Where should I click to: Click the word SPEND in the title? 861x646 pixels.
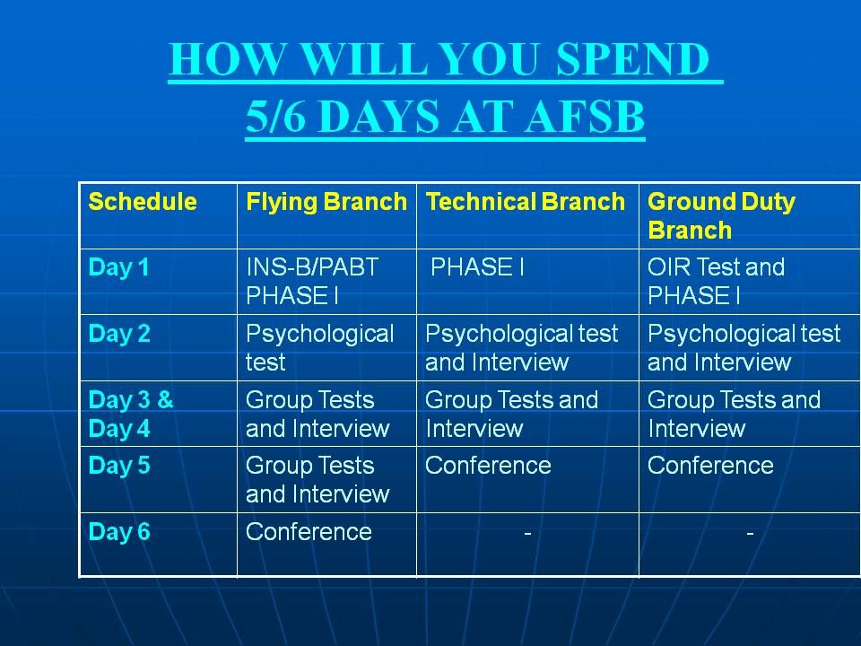(x=632, y=59)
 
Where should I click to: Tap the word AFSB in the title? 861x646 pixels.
(x=585, y=117)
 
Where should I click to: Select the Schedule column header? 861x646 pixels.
(x=143, y=202)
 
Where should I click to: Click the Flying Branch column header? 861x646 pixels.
(x=326, y=202)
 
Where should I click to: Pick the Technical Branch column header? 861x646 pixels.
(x=525, y=202)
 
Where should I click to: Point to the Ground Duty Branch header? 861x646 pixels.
(x=721, y=216)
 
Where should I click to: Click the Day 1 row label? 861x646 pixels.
(x=118, y=267)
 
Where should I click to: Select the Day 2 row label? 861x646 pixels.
(x=119, y=334)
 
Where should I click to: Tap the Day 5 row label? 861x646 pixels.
(x=119, y=466)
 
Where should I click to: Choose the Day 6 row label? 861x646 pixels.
(x=119, y=531)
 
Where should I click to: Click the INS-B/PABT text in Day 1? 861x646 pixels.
(x=312, y=267)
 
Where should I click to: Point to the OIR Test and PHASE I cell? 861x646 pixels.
(x=716, y=281)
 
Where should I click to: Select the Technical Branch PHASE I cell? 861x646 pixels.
(x=477, y=267)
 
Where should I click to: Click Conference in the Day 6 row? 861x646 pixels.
(x=309, y=532)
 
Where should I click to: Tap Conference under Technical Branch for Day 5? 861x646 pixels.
(x=488, y=466)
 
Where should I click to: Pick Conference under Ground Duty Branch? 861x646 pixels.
(x=710, y=466)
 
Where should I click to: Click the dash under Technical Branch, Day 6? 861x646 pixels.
(x=527, y=532)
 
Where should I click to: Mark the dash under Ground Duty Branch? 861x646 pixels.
(x=750, y=532)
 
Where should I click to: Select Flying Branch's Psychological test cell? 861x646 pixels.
(x=319, y=348)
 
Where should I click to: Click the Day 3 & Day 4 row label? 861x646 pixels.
(x=131, y=414)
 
